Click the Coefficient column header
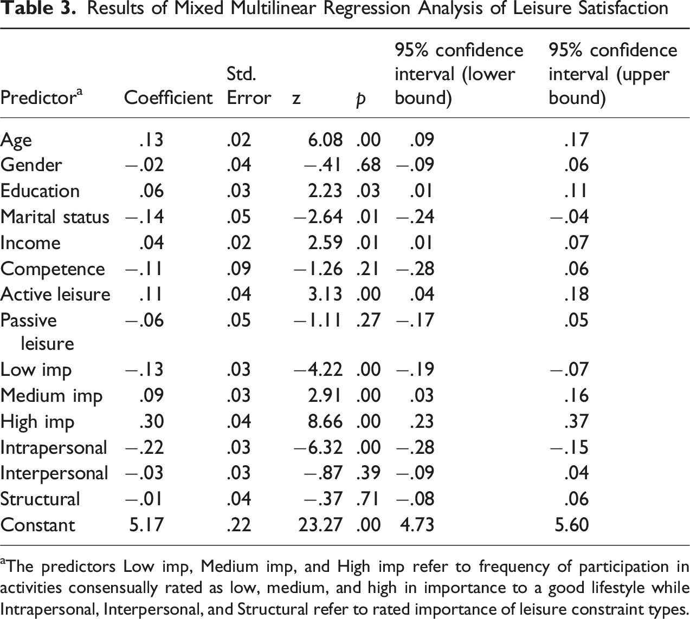[x=168, y=97]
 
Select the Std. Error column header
[x=249, y=86]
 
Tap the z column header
[x=296, y=99]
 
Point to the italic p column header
[x=360, y=100]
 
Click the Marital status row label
[x=55, y=217]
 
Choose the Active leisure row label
[x=55, y=294]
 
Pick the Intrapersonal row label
[x=54, y=447]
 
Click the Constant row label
[x=38, y=525]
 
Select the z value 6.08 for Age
[x=325, y=140]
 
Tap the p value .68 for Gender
[x=368, y=165]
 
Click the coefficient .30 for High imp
[x=152, y=421]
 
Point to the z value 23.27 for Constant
[x=320, y=525]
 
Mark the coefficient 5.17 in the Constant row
[x=146, y=525]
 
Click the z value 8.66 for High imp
[x=325, y=421]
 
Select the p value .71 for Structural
[x=368, y=499]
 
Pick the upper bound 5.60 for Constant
[x=572, y=525]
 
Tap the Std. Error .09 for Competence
[x=239, y=269]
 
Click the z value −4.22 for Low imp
[x=318, y=369]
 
